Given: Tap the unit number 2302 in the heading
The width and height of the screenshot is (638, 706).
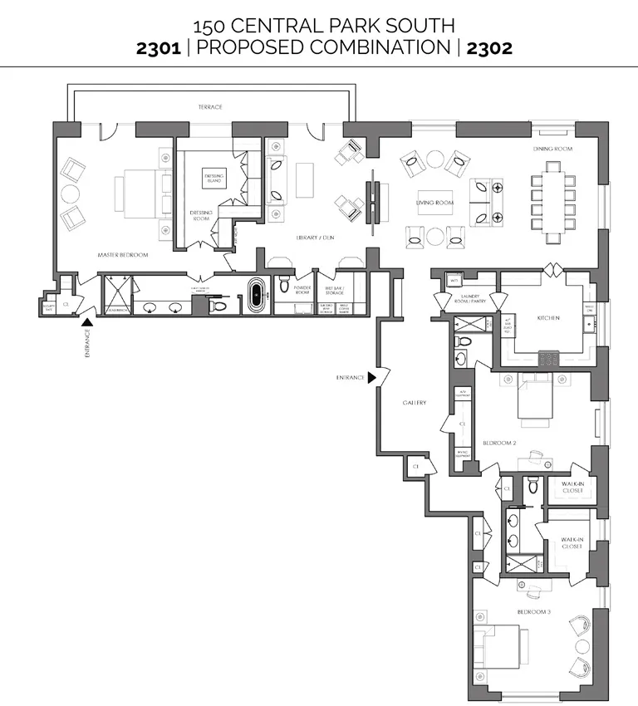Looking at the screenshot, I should pos(488,47).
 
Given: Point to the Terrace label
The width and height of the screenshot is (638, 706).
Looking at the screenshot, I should pos(209,107).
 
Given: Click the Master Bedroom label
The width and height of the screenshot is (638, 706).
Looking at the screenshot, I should pos(122,255).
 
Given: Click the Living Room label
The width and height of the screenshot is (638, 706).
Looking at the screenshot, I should pos(434,203).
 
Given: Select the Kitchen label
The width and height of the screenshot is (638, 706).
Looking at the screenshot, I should pos(547,318).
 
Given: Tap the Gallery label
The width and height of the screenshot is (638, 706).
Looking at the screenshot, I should pos(415,403).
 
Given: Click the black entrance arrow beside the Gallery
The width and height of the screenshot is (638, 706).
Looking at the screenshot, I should pos(372,378).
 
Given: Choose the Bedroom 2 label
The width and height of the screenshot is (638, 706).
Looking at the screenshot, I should pos(500,443).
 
